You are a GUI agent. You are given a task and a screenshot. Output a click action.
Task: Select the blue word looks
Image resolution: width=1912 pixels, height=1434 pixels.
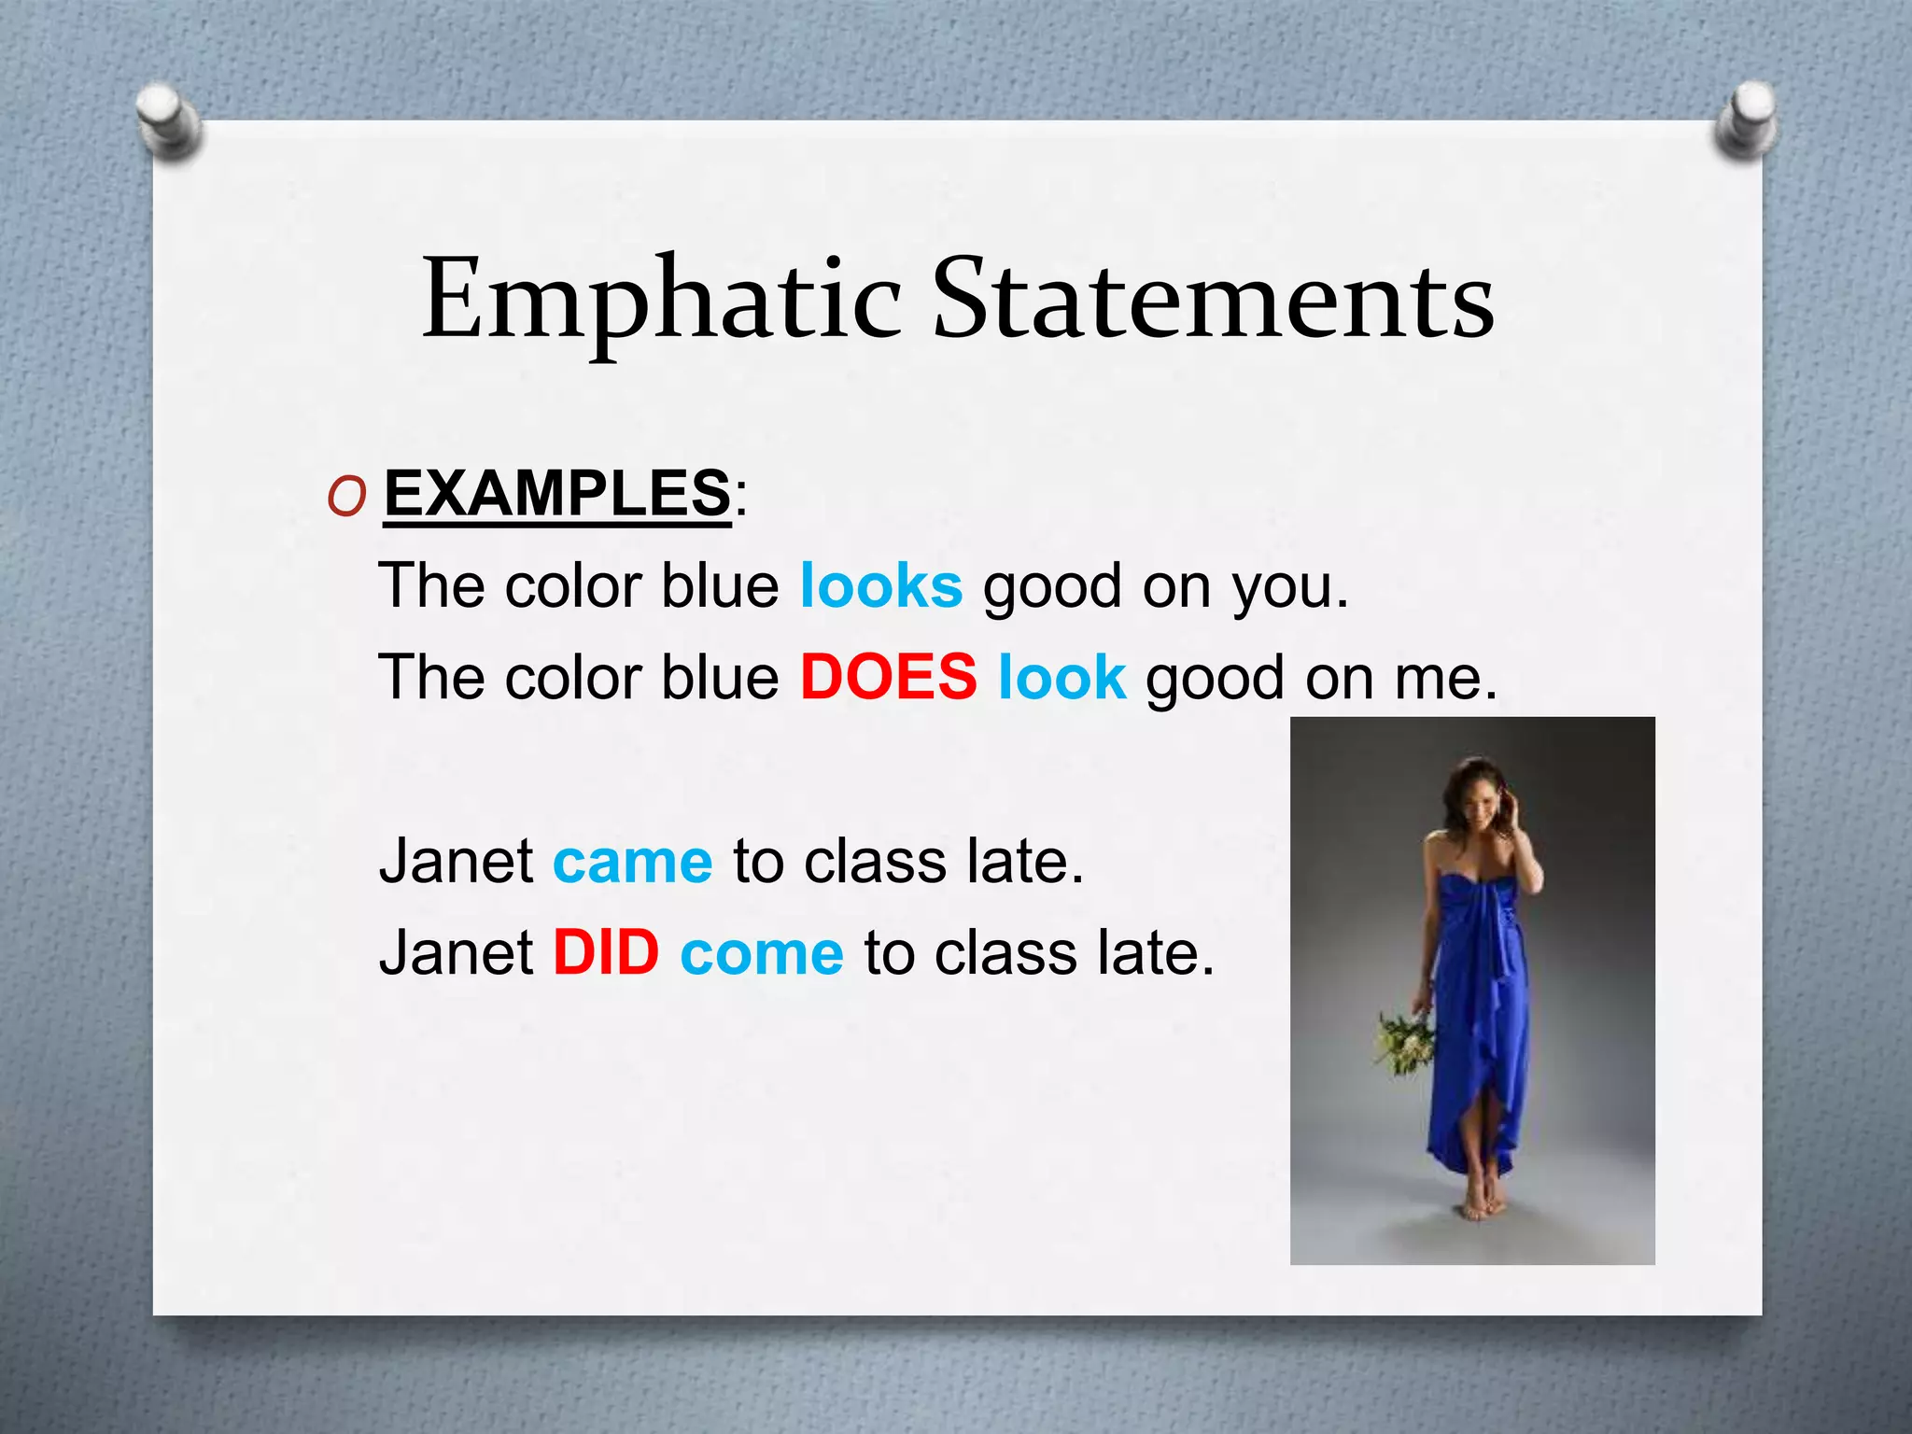coord(880,586)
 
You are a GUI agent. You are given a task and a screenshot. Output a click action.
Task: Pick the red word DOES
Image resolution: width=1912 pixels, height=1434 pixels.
coord(888,677)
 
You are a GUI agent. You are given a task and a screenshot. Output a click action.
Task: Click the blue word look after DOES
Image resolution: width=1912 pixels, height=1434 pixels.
coord(1061,677)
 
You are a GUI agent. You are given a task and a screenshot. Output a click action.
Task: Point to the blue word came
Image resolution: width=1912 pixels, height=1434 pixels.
coord(632,861)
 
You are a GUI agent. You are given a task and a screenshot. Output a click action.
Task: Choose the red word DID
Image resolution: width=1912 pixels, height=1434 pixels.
coord(606,953)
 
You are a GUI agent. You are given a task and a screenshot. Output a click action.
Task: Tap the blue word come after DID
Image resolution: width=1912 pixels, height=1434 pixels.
coord(761,955)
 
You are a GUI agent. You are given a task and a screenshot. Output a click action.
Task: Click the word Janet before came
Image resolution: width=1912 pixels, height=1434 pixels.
coord(456,861)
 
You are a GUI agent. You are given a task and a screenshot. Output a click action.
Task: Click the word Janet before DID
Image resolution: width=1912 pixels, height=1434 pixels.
coord(456,953)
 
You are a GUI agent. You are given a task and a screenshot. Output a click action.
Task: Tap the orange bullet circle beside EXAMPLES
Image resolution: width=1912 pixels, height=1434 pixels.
coord(346,499)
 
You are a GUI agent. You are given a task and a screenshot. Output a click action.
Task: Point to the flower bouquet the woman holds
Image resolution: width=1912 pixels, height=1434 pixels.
coord(1405,1040)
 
